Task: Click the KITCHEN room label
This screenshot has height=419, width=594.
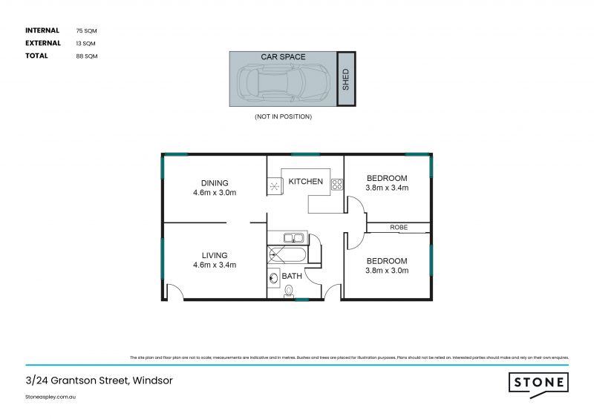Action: pos(305,181)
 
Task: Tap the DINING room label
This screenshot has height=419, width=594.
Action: pos(215,182)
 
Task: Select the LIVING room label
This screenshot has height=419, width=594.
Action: pos(215,254)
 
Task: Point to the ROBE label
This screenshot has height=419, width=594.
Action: pos(399,228)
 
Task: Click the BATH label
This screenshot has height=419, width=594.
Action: pos(292,276)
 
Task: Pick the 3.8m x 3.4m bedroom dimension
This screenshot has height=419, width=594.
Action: pos(387,188)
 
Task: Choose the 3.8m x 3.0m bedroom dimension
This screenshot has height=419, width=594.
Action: pos(387,270)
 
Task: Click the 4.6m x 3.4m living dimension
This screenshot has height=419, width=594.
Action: pos(215,264)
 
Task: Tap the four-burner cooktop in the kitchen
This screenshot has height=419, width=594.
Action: pos(336,185)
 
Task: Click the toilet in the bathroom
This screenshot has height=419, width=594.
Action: pos(289,291)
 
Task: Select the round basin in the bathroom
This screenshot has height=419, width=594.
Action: pos(273,279)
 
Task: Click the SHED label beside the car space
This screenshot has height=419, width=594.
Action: pos(345,79)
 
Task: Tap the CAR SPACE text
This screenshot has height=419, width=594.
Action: pos(283,56)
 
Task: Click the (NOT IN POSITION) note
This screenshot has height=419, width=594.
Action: pos(283,116)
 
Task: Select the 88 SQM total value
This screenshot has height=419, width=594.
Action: pos(87,56)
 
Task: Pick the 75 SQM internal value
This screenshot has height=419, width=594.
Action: pos(87,31)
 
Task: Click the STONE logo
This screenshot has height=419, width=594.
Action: pos(538,383)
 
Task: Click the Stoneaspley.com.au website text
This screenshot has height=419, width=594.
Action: pos(51,397)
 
